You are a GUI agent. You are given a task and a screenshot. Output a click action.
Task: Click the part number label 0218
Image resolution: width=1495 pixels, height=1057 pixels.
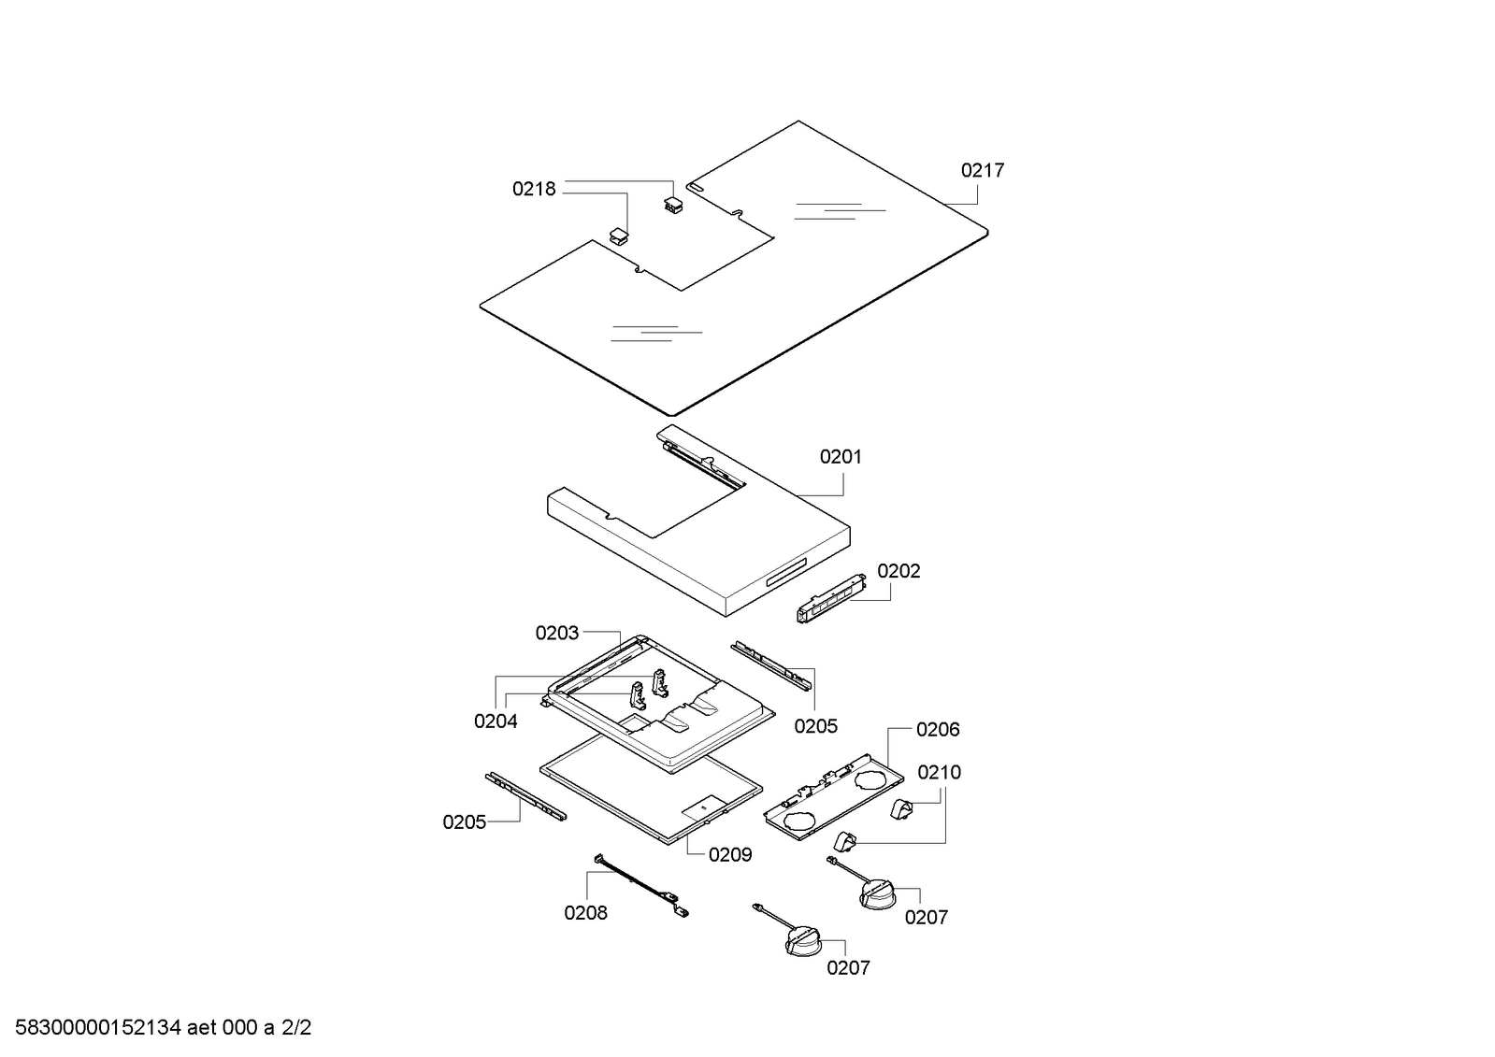[x=533, y=189]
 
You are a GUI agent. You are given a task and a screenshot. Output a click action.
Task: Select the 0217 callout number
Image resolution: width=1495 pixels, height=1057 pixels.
[x=983, y=170]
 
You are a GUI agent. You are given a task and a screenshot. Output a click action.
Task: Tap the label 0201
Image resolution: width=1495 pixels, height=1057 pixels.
[x=841, y=457]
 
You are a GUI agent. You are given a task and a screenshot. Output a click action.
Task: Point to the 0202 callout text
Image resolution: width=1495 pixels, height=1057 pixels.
[x=898, y=571]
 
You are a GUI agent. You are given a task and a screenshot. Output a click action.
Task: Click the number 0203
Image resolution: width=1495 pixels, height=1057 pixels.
[x=556, y=634]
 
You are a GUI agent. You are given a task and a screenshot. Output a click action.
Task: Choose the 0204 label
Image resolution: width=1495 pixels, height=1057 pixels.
[x=496, y=721]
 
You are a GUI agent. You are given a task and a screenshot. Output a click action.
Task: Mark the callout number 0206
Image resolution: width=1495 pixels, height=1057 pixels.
[x=938, y=730]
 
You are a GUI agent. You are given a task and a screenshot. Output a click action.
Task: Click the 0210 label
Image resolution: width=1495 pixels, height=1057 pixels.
[x=939, y=773]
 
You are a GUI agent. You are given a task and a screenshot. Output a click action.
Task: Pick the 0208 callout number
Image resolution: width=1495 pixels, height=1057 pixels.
[x=585, y=913]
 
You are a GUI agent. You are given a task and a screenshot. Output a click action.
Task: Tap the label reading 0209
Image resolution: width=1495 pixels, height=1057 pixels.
[x=730, y=855]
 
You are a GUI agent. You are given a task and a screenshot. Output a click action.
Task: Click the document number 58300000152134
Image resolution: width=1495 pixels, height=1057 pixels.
[x=97, y=1029]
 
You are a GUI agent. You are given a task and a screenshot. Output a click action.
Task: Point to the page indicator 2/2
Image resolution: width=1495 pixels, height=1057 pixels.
[x=296, y=1029]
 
